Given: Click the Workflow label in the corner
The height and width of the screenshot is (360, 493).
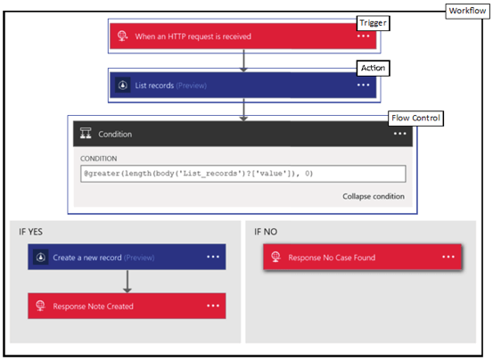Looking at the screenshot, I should click(x=465, y=10).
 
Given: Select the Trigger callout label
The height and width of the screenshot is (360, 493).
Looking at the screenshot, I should click(x=374, y=20).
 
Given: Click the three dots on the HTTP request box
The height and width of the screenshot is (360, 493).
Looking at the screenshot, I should click(x=363, y=37).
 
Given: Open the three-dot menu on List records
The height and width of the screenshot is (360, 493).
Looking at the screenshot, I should click(x=363, y=85).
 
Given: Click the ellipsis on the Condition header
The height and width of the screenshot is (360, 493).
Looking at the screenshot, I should click(x=399, y=134).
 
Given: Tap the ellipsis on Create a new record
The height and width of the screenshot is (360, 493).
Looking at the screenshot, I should click(x=213, y=258).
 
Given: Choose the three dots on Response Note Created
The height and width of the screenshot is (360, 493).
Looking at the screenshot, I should click(x=213, y=306).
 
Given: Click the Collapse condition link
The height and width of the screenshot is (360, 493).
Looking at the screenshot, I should click(x=373, y=196).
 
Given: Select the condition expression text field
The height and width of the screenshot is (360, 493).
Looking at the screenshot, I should click(x=242, y=174).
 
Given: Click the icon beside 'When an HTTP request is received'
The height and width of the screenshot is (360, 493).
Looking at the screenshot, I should click(x=122, y=37).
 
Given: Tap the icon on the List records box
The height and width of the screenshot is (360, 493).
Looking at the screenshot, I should click(x=122, y=85).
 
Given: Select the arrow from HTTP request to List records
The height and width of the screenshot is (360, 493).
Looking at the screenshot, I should click(x=242, y=59).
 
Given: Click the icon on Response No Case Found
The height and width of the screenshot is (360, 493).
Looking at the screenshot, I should click(x=277, y=258).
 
